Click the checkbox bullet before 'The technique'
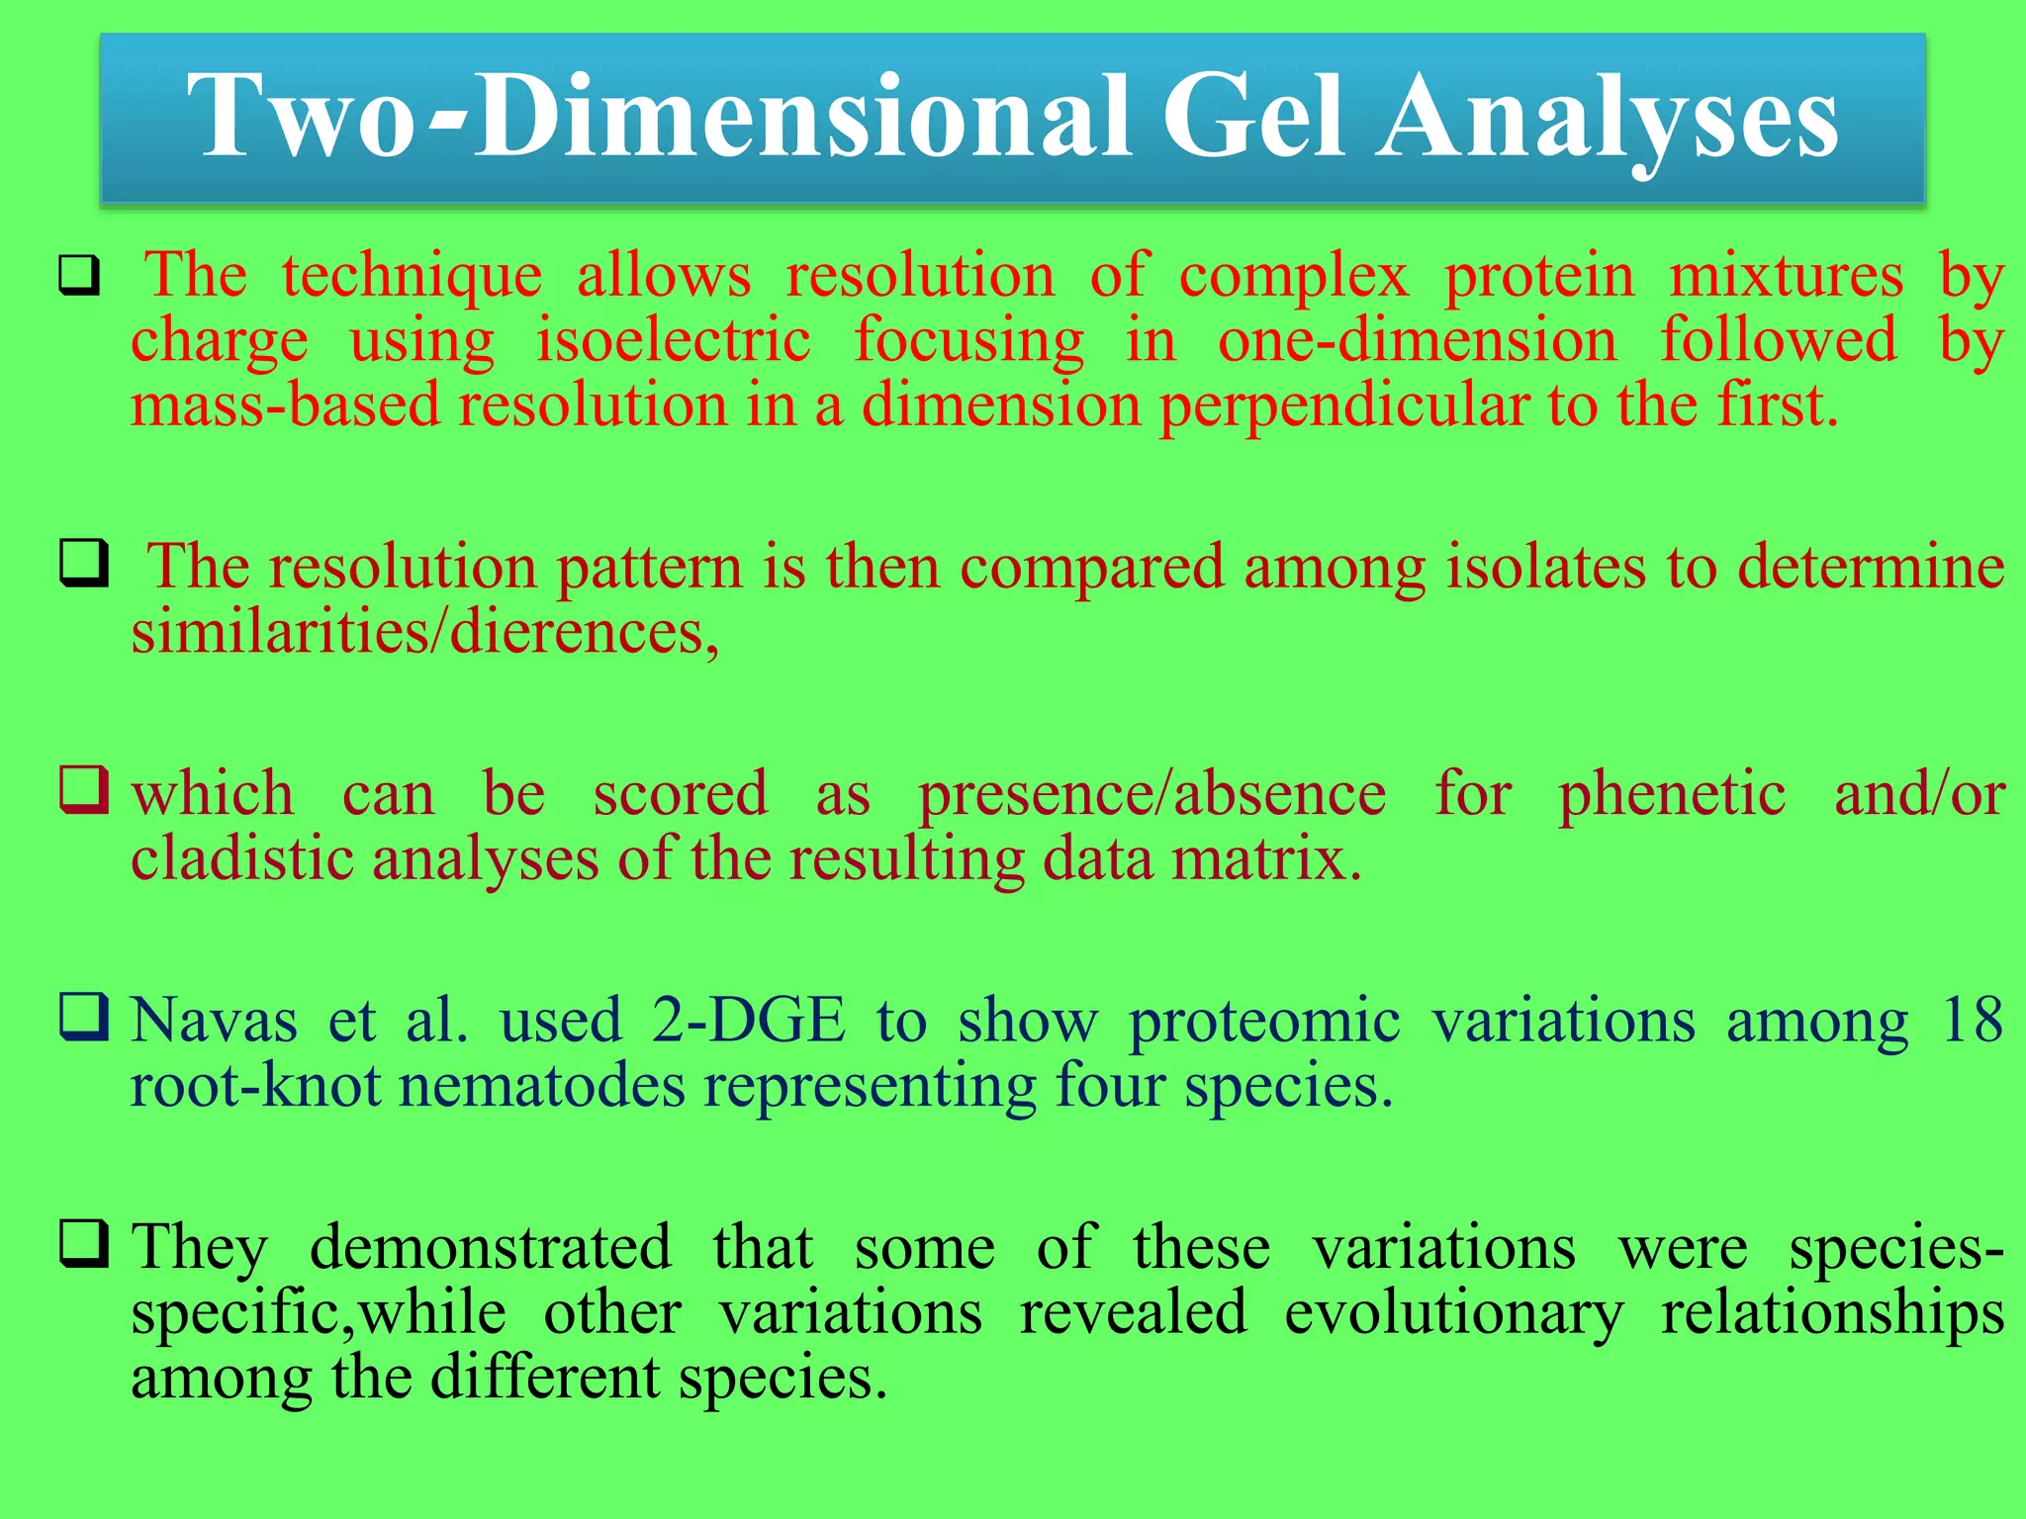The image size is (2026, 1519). point(79,275)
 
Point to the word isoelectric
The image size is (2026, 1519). point(673,340)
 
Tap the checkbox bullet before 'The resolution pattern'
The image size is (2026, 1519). point(83,563)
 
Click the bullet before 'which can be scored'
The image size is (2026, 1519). point(83,789)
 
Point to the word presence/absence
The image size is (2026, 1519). point(1151,794)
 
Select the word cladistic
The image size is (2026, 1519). point(242,858)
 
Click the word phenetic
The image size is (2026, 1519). point(1672,794)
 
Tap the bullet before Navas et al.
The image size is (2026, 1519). point(83,1016)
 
